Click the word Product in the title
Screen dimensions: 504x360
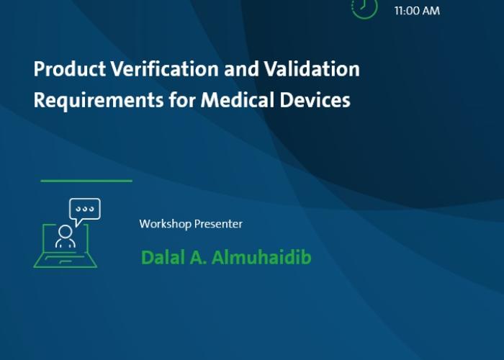pyautogui.click(x=70, y=69)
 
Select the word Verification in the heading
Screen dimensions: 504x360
pyautogui.click(x=165, y=69)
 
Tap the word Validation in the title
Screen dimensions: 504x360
pyautogui.click(x=312, y=69)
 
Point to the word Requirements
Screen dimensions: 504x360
pyautogui.click(x=99, y=100)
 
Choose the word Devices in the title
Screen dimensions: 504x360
pyautogui.click(x=315, y=99)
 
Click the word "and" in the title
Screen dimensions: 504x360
pyautogui.click(x=241, y=69)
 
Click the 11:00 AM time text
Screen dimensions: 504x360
pyautogui.click(x=417, y=11)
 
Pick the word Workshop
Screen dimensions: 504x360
pyautogui.click(x=165, y=224)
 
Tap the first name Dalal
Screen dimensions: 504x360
pyautogui.click(x=163, y=258)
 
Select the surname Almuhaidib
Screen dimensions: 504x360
pyautogui.click(x=261, y=258)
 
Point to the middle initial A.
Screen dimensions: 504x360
pyautogui.click(x=198, y=258)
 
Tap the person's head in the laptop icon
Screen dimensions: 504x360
pyautogui.click(x=66, y=231)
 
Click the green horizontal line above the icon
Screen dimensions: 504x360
pyautogui.click(x=86, y=181)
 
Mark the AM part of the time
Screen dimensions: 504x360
pyautogui.click(x=431, y=11)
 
